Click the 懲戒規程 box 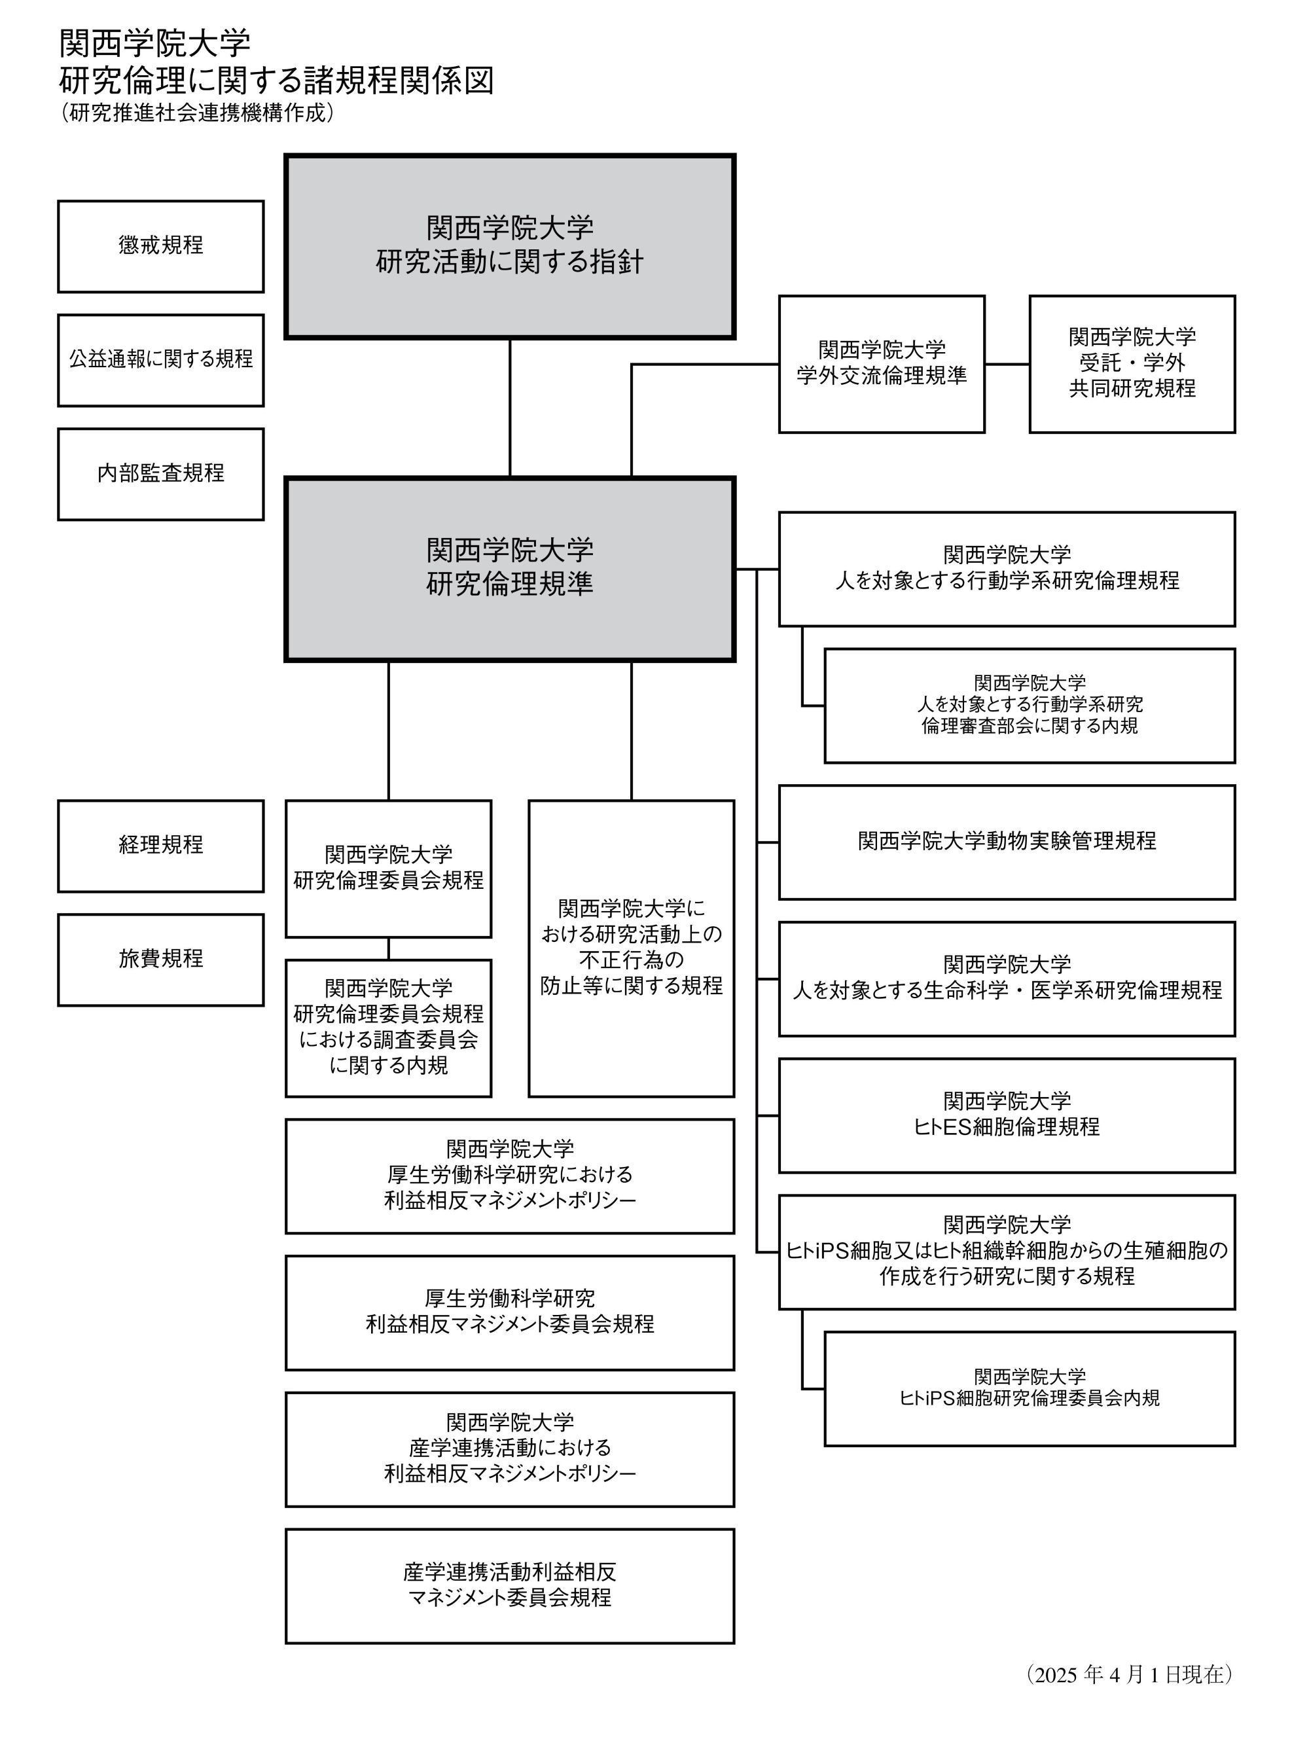(160, 246)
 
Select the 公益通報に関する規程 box (160, 360)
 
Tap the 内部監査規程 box (160, 474)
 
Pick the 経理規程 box (160, 846)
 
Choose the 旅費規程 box (160, 960)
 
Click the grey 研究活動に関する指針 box (510, 246)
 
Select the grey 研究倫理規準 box (510, 569)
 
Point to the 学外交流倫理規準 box (882, 364)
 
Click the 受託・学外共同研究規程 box (1132, 364)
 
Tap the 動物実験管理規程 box (1007, 842)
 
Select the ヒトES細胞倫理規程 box (1007, 1115)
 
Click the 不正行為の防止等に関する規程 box (631, 948)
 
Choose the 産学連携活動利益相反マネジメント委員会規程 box (510, 1586)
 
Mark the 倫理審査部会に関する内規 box (1030, 705)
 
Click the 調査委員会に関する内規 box (388, 1028)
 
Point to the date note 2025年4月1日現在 (1130, 1675)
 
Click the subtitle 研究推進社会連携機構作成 (197, 113)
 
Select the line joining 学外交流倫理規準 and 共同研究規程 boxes (1007, 364)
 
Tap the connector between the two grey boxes (510, 408)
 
